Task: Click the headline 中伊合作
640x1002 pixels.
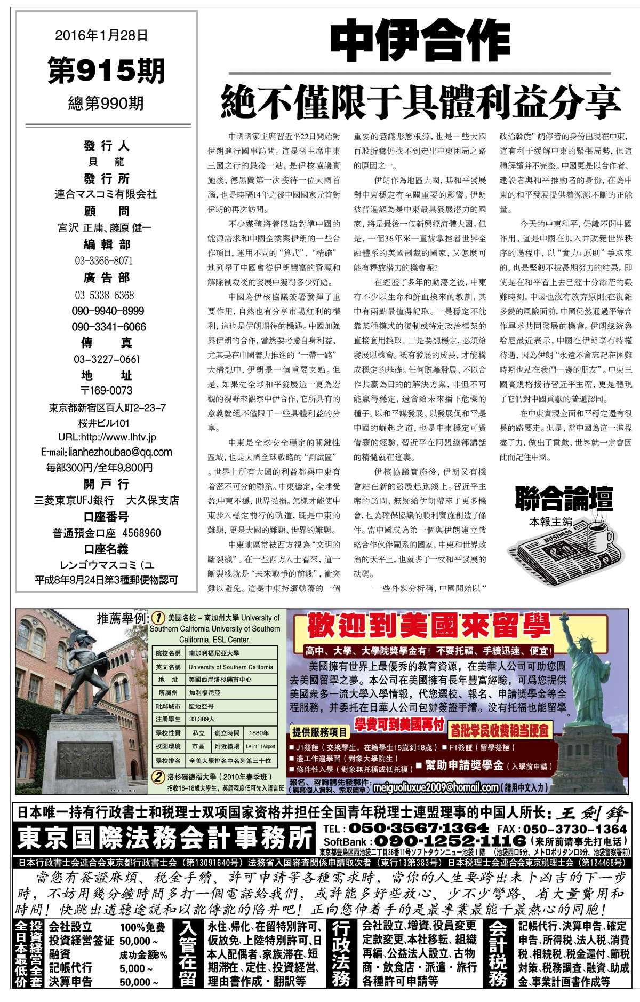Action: [x=420, y=41]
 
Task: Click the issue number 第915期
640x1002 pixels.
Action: [x=106, y=71]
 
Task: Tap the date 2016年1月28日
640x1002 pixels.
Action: [x=101, y=36]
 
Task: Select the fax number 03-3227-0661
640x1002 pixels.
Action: [x=107, y=359]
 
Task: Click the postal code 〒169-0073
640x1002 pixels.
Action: [x=107, y=390]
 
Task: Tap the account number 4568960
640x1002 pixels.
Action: [x=141, y=533]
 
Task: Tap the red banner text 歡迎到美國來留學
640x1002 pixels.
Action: [x=428, y=626]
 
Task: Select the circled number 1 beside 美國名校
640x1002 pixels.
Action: [x=158, y=618]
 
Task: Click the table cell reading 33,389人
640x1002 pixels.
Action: [x=202, y=719]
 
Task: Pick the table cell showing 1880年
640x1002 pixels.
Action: [x=259, y=733]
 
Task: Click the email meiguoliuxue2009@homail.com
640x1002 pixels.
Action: [x=436, y=787]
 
